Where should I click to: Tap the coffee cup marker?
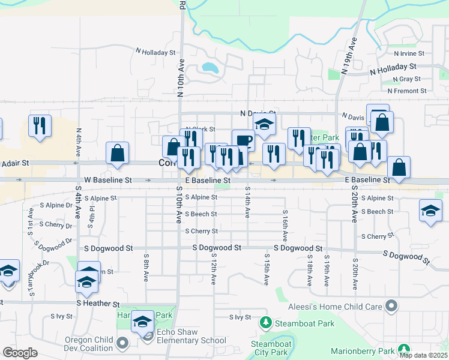click(x=243, y=140)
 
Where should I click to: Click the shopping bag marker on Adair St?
click(x=118, y=152)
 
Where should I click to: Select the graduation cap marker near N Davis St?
click(x=263, y=124)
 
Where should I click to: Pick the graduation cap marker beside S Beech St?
click(x=430, y=210)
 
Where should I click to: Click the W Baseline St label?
click(x=107, y=179)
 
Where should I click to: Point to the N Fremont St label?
click(x=407, y=91)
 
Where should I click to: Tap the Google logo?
click(x=20, y=353)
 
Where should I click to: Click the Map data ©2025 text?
click(x=423, y=355)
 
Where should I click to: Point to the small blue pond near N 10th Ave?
click(x=209, y=67)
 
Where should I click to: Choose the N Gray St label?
click(x=406, y=79)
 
